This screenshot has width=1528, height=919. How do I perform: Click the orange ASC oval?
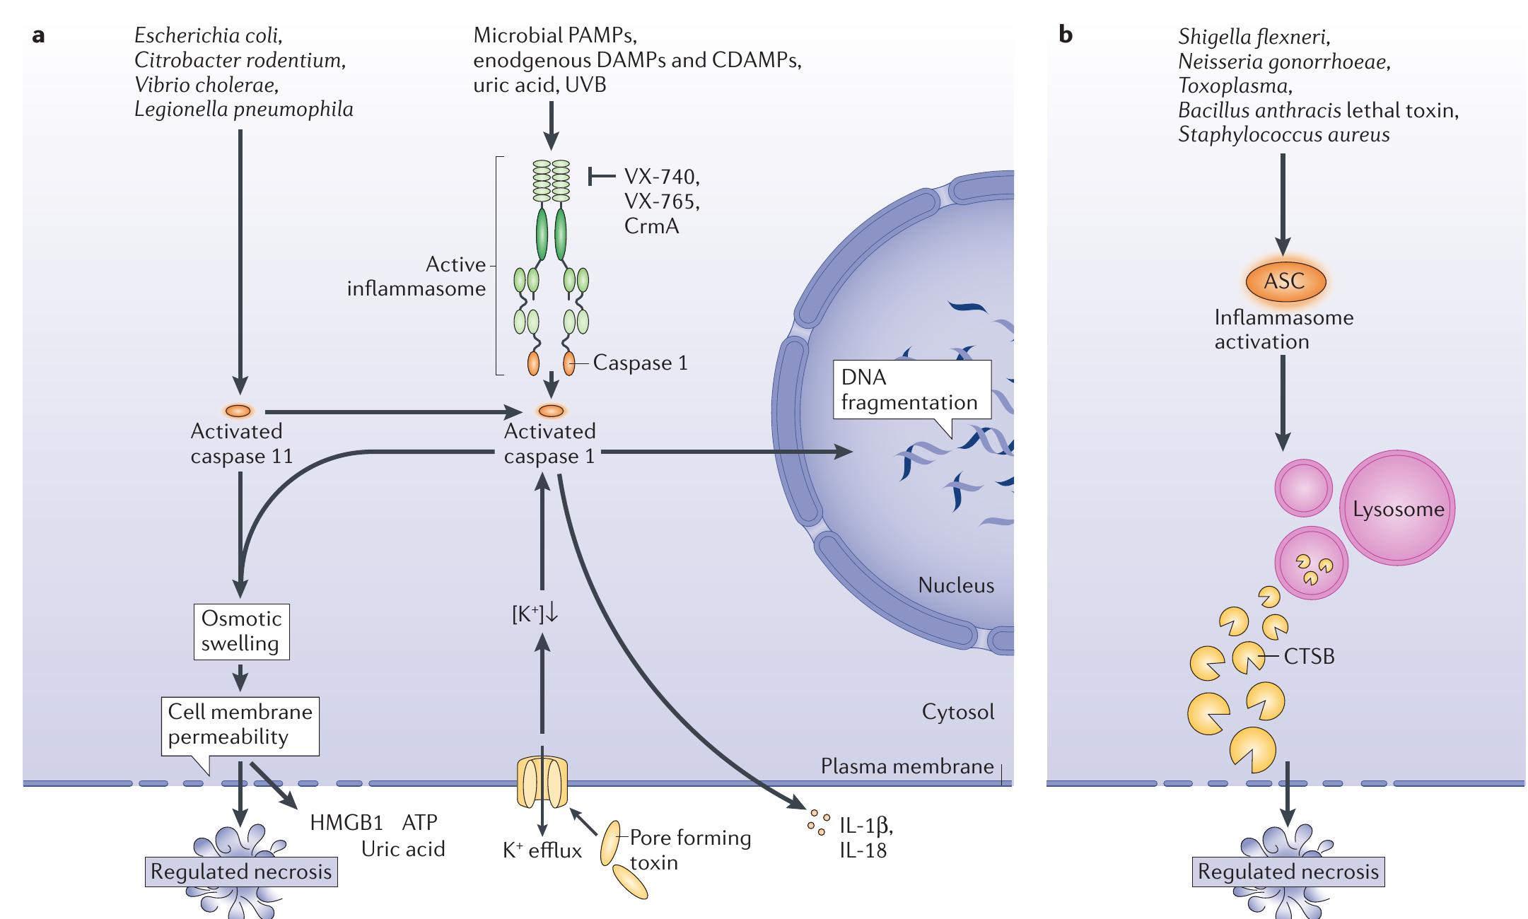click(x=1284, y=281)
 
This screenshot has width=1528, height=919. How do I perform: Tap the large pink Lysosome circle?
click(x=1397, y=509)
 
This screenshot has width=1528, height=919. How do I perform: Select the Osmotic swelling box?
click(x=242, y=631)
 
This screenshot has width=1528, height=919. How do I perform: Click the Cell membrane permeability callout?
click(x=240, y=725)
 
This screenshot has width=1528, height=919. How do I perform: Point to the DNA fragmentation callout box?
click(x=911, y=390)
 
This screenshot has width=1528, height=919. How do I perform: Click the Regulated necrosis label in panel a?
click(x=241, y=872)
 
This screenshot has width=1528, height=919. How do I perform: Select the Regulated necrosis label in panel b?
click(x=1288, y=872)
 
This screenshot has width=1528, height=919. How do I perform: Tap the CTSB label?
click(x=1309, y=657)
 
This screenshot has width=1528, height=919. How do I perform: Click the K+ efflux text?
click(x=542, y=850)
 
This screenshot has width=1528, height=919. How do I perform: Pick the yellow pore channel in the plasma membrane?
click(x=542, y=783)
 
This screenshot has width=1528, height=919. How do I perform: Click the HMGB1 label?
click(x=346, y=823)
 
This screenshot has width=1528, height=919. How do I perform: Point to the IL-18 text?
click(x=863, y=850)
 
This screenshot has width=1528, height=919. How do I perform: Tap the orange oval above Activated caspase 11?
click(x=238, y=411)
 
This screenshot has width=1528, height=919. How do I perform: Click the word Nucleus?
click(x=955, y=585)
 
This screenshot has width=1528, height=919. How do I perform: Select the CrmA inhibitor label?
click(x=651, y=226)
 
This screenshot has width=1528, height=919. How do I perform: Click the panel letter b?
click(x=1066, y=35)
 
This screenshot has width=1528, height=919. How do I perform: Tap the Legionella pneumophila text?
click(x=244, y=110)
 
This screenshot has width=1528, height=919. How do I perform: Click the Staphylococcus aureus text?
click(x=1283, y=134)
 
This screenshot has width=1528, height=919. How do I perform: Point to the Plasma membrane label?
click(x=906, y=766)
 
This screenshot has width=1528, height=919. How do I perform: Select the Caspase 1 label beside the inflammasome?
click(x=640, y=363)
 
